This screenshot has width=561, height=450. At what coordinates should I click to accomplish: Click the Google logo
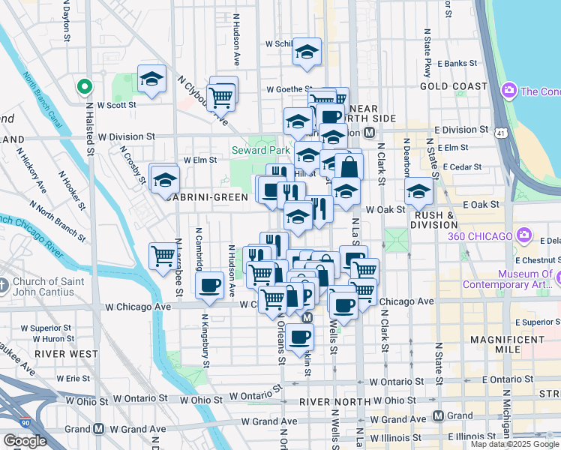pos(25,441)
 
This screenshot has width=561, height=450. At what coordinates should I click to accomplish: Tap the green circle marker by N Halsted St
pos(85,87)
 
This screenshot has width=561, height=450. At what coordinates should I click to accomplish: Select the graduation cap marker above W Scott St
pos(151,79)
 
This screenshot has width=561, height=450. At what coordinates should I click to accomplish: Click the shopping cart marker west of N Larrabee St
pos(163,256)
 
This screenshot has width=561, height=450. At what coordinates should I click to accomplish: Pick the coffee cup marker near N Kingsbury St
pos(209,285)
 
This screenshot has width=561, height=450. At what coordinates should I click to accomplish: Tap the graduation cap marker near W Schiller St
pos(306,52)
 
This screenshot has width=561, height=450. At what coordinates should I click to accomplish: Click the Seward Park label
pos(259,150)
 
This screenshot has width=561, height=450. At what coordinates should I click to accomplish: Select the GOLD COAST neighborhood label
pos(454,86)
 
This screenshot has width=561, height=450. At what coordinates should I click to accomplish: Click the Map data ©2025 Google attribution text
pos(514,444)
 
